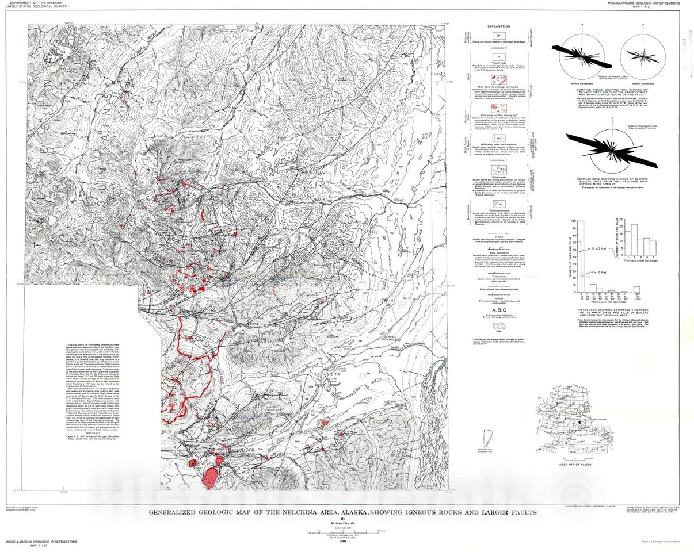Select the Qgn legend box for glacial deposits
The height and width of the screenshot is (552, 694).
pos(498,35)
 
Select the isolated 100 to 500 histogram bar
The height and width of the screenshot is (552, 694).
pos(636,290)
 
